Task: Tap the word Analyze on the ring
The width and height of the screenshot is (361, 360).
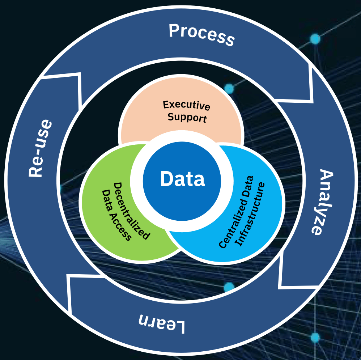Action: [x=321, y=203]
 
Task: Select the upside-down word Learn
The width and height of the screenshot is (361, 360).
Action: [x=162, y=323]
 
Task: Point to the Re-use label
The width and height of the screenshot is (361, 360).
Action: [x=39, y=148]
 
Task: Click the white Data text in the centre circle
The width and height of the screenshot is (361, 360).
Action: [x=182, y=179]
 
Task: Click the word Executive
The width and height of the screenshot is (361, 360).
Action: [x=186, y=105]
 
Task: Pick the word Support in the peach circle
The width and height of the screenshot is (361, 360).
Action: [x=187, y=117]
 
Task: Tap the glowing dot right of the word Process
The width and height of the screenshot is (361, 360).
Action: [x=315, y=39]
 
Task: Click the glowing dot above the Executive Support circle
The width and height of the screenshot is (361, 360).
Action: [x=229, y=88]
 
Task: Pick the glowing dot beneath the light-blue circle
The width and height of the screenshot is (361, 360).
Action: [x=229, y=287]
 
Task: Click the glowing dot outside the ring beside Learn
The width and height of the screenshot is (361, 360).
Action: [x=315, y=338]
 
